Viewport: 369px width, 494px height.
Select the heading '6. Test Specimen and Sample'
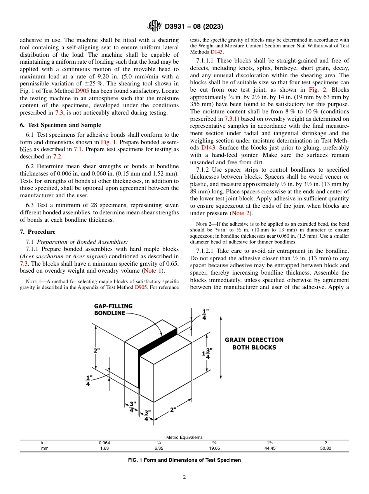tap(60, 125)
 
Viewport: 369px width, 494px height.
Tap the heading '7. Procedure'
tap(38, 232)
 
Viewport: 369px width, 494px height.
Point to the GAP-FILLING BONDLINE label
tap(113, 309)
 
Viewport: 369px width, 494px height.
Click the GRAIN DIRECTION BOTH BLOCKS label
tap(254, 343)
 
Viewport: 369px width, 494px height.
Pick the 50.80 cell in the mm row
tap(325, 448)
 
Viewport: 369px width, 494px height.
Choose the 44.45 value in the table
tap(270, 448)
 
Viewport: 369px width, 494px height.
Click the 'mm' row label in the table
tap(44, 448)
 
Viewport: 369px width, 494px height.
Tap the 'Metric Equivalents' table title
tap(184, 437)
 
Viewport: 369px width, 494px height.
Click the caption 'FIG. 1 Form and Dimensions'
tap(184, 460)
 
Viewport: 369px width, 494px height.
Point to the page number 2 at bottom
tap(184, 477)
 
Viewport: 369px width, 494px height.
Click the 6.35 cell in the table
tap(159, 448)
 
